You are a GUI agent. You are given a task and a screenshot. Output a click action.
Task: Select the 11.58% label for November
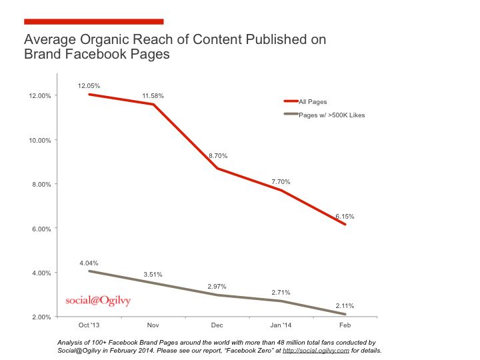point(153,96)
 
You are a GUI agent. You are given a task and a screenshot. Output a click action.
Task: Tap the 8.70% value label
point(217,155)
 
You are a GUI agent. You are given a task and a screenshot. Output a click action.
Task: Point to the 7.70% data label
point(280,181)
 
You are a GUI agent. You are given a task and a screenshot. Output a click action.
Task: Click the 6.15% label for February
point(345,217)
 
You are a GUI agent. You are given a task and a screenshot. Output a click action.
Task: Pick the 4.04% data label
point(88,263)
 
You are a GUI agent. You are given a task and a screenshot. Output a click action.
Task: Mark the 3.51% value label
point(153,274)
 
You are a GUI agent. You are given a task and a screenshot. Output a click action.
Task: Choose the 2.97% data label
point(217,285)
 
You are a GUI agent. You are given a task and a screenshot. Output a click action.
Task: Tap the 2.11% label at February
point(345,306)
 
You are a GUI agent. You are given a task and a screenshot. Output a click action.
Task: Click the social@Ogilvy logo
point(98,300)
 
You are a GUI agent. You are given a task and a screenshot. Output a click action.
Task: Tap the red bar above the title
point(93,21)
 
